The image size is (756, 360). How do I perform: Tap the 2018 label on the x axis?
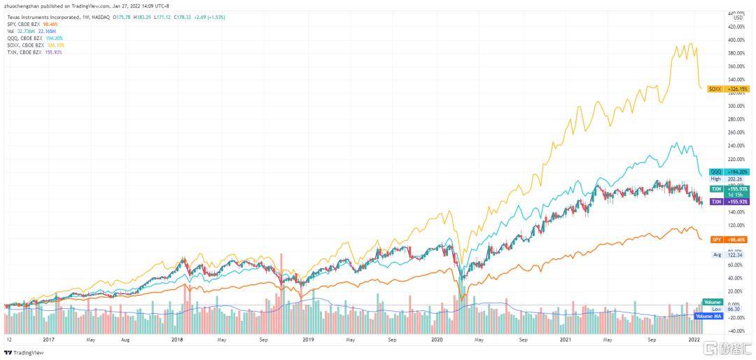click(x=177, y=340)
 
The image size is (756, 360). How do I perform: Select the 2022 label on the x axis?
click(x=694, y=340)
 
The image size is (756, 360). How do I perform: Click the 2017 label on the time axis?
click(x=49, y=340)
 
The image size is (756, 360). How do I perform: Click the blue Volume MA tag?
click(x=708, y=317)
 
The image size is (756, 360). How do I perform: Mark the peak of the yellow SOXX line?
click(x=692, y=43)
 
